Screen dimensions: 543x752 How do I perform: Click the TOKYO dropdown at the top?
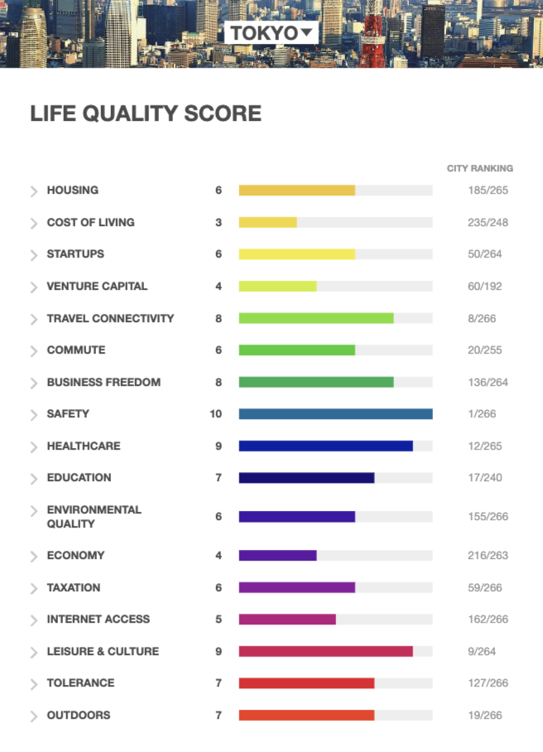(271, 32)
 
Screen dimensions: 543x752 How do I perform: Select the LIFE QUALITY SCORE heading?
(146, 113)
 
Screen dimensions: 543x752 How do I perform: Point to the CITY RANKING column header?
(480, 168)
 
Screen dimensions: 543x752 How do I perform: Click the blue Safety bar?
(335, 414)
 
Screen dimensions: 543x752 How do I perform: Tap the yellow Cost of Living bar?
(268, 222)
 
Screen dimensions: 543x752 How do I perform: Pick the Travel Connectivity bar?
(316, 318)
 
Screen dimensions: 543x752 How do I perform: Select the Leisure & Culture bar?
(326, 651)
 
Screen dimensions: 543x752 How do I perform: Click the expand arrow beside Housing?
(34, 191)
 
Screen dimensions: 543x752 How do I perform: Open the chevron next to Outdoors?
(34, 716)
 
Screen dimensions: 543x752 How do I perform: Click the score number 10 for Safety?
(216, 414)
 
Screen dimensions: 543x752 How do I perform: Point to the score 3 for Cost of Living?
(219, 223)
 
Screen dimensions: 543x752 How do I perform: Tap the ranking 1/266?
(482, 414)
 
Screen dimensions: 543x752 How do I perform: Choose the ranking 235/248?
(488, 223)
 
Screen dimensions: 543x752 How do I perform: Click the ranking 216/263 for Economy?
(488, 556)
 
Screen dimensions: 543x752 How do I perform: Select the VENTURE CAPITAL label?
(98, 287)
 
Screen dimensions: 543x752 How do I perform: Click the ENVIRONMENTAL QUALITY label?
(94, 517)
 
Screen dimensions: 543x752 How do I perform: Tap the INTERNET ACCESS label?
(99, 619)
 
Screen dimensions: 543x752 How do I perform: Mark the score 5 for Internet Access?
(219, 619)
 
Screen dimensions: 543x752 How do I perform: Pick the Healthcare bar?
(326, 446)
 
